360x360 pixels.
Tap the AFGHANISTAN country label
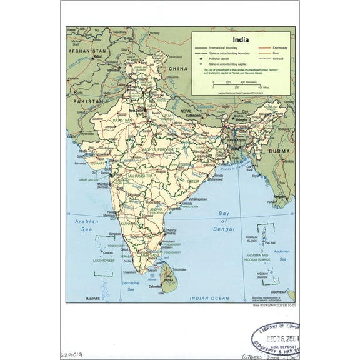coord(89,50)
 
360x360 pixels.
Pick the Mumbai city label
coord(104,185)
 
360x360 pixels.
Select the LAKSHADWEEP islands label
coord(104,259)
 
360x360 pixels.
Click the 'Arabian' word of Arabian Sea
coord(84,221)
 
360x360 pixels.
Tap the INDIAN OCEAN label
coord(211,299)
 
